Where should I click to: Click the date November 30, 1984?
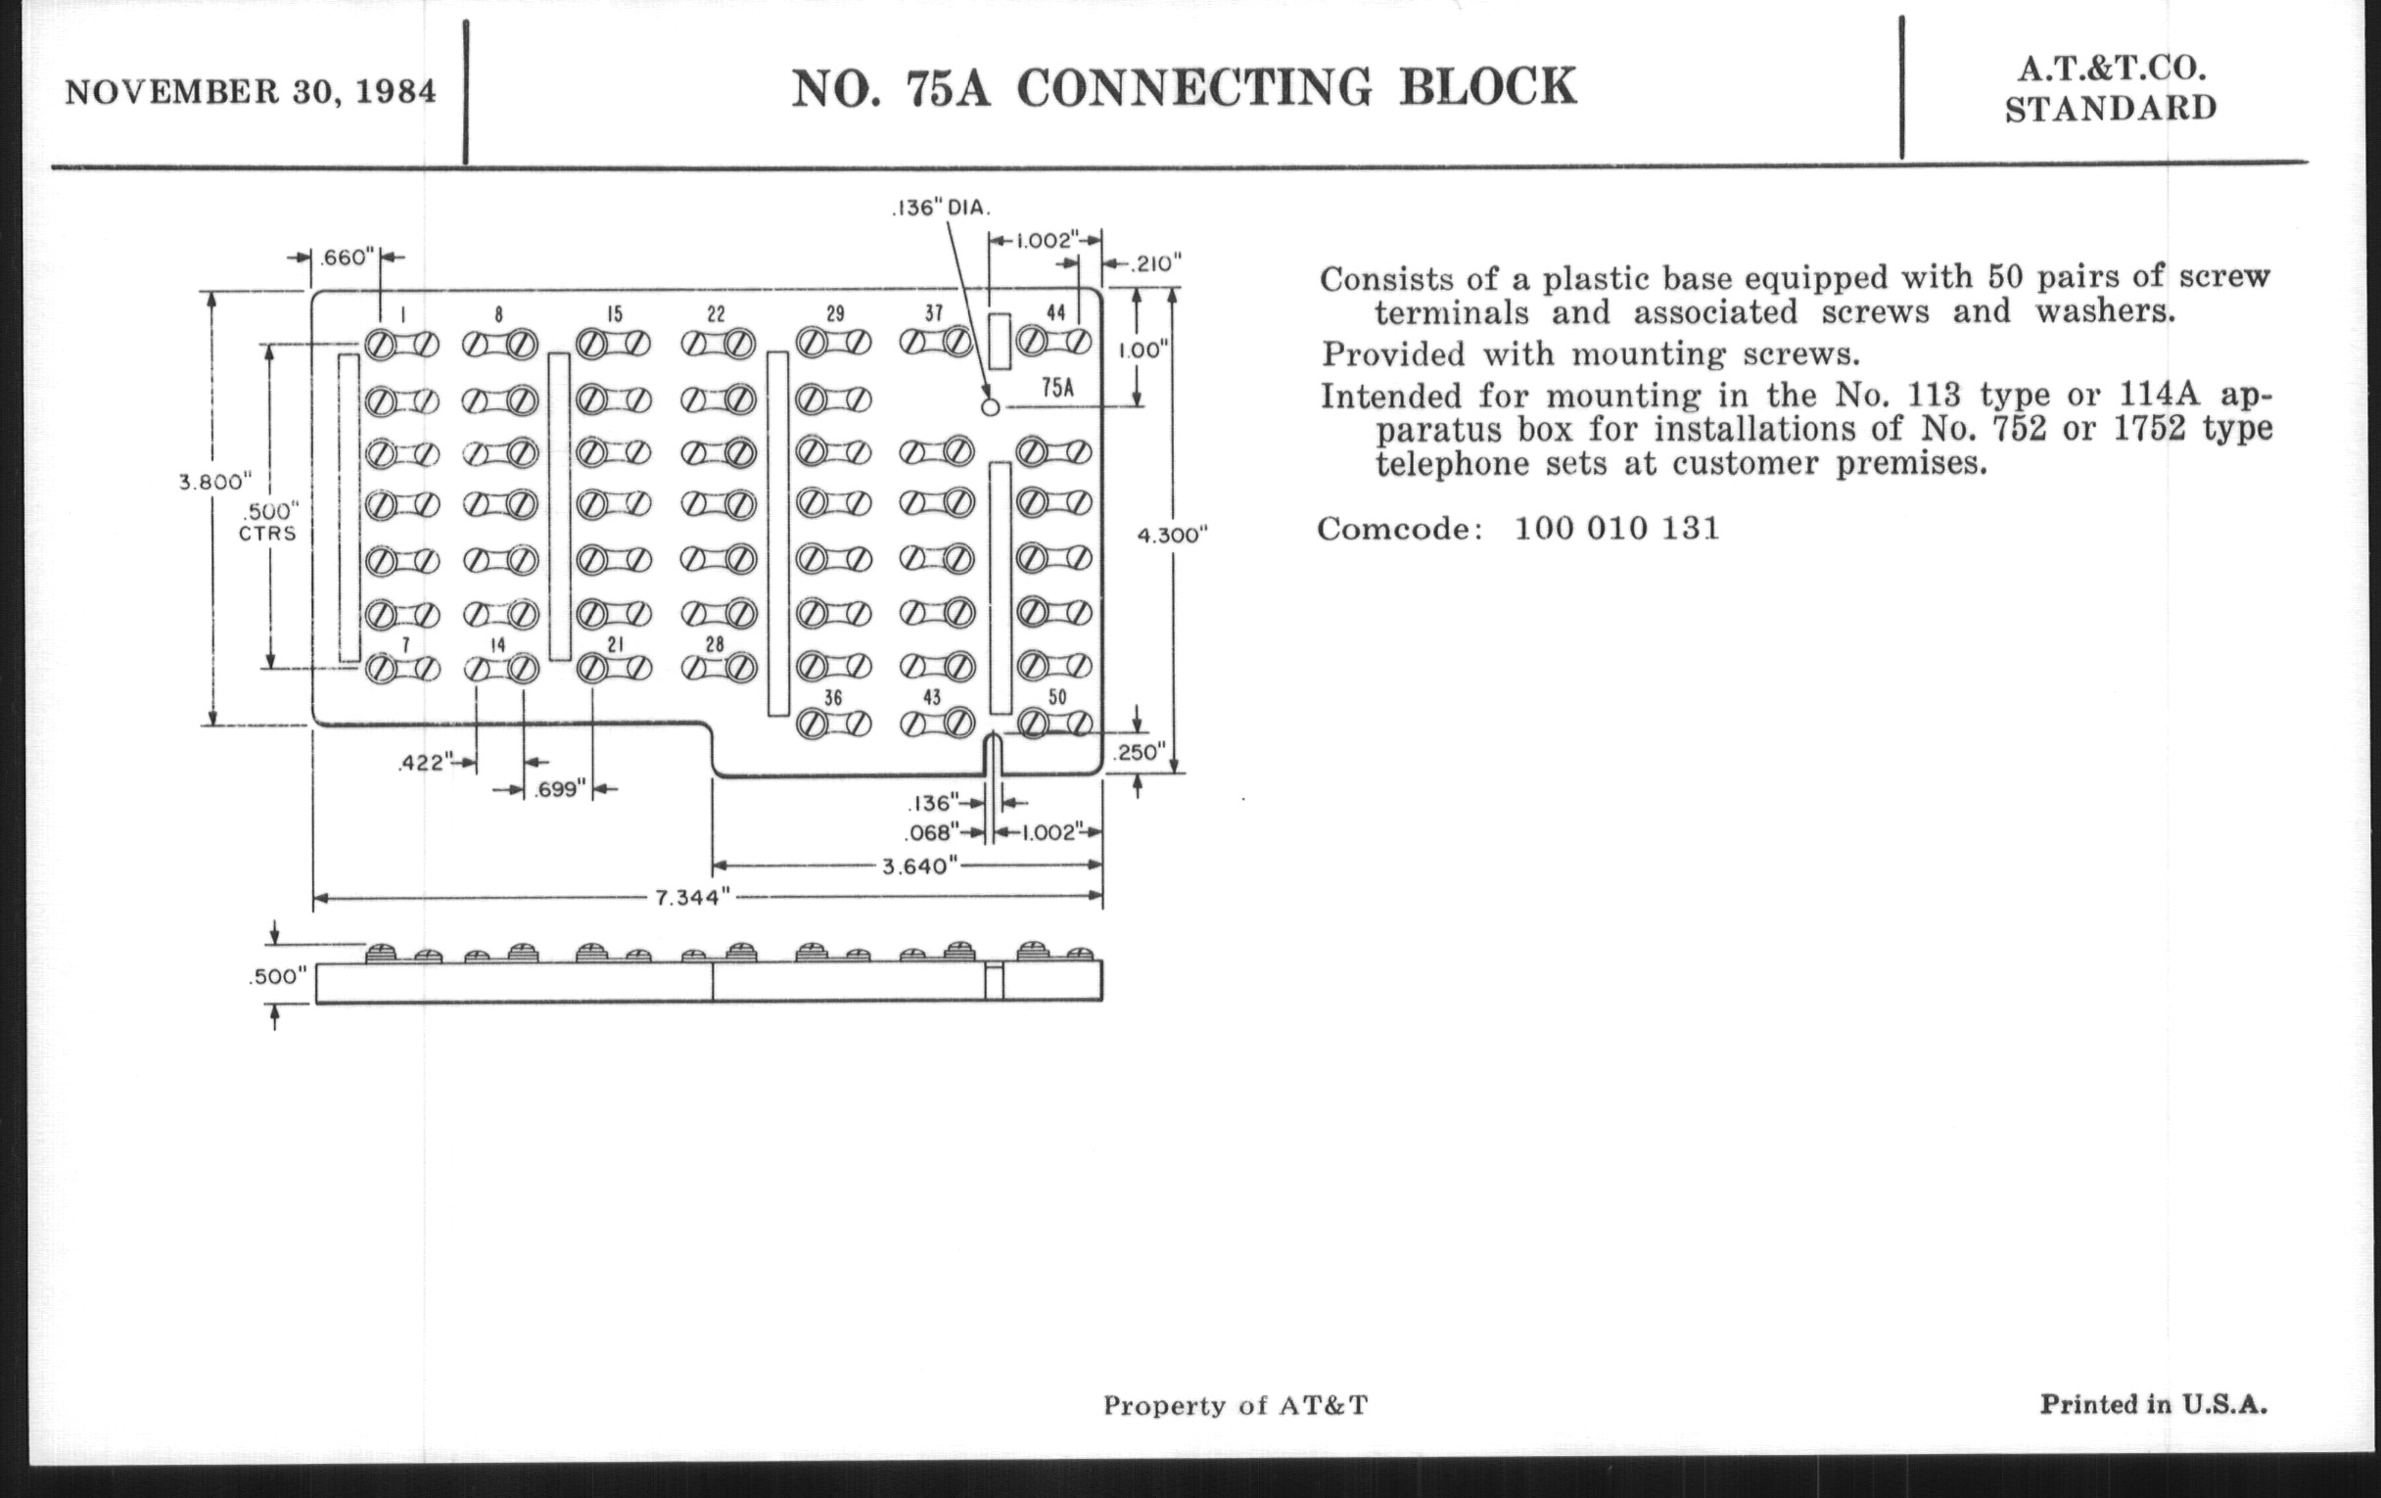[251, 92]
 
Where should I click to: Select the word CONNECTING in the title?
[1193, 88]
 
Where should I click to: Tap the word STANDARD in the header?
[2110, 109]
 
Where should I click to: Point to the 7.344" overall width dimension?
[692, 898]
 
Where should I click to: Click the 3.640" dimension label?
[919, 866]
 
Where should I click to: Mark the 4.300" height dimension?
[1173, 535]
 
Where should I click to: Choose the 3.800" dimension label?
[214, 483]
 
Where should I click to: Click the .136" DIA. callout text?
[940, 209]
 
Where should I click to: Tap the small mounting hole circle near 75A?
[991, 406]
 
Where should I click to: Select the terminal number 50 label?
[1057, 697]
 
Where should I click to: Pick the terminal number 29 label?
[835, 314]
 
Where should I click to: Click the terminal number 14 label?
[497, 644]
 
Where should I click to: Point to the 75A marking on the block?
[1057, 387]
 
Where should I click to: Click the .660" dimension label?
[346, 257]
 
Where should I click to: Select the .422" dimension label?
[424, 764]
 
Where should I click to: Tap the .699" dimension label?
[560, 789]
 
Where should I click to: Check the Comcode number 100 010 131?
[1616, 528]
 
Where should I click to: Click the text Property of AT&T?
[1235, 1405]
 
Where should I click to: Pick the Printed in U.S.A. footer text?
[2153, 1404]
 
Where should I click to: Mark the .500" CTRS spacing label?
[268, 522]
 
